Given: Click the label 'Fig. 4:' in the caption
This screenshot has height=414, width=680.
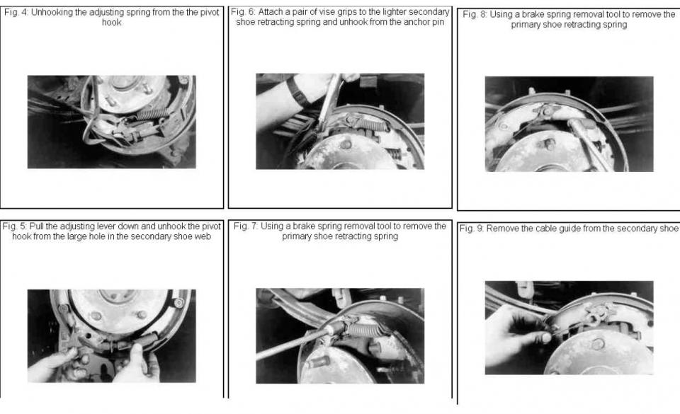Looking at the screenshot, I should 16,13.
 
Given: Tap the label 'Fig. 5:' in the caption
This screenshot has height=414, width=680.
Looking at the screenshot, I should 15,226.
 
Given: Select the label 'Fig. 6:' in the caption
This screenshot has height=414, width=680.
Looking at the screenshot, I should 244,13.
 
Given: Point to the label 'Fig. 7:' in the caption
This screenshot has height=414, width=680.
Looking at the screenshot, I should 246,226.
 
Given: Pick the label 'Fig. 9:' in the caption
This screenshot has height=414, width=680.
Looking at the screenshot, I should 472,229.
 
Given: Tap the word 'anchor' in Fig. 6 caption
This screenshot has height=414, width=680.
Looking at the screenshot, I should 402,23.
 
